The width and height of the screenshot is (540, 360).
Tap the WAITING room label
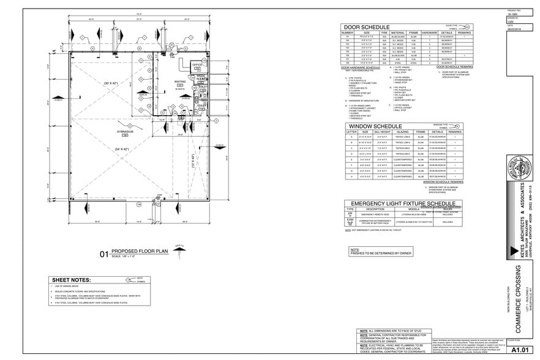163,81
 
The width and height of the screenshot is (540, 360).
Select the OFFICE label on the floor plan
197,64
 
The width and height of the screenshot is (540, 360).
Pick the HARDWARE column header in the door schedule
429,32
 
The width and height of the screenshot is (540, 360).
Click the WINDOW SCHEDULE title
374,126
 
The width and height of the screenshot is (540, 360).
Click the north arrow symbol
179,250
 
